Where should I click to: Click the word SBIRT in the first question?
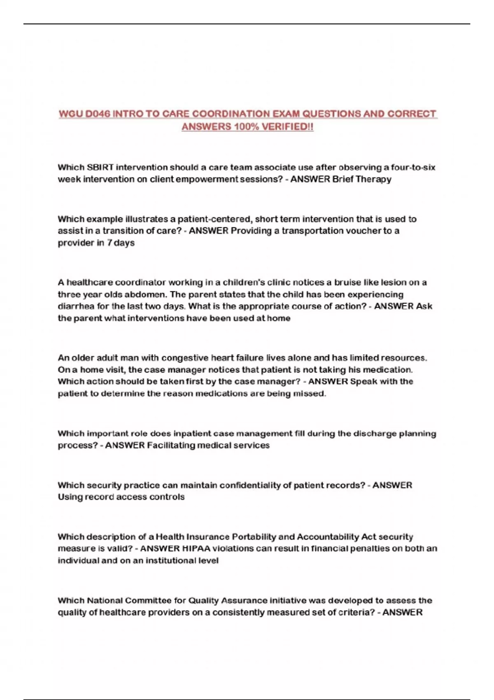point(101,167)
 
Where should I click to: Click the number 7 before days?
point(110,243)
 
